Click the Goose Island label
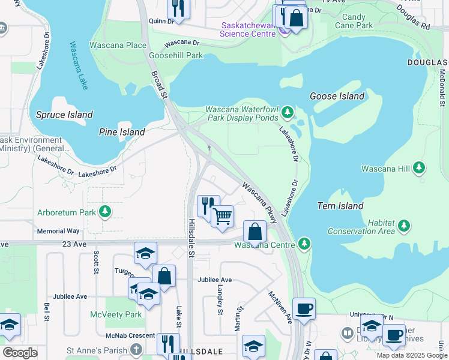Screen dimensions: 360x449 tap(337, 96)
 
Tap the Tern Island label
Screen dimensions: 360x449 tap(340, 206)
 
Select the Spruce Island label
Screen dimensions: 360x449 tap(64, 115)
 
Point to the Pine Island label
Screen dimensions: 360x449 tap(122, 132)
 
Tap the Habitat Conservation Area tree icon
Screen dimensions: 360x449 tap(405, 226)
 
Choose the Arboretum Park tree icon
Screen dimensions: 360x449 tap(106, 212)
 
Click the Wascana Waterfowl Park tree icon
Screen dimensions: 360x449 tap(288, 112)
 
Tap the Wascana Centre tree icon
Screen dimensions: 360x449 tap(305, 244)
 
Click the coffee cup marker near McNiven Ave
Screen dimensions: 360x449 tap(304, 308)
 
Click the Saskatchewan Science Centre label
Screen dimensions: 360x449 tap(248, 29)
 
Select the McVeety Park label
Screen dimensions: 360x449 tap(116, 314)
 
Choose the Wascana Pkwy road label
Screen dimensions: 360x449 tap(259, 202)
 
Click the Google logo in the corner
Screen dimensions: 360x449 tap(20, 353)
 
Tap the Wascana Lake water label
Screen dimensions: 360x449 tap(79, 65)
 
